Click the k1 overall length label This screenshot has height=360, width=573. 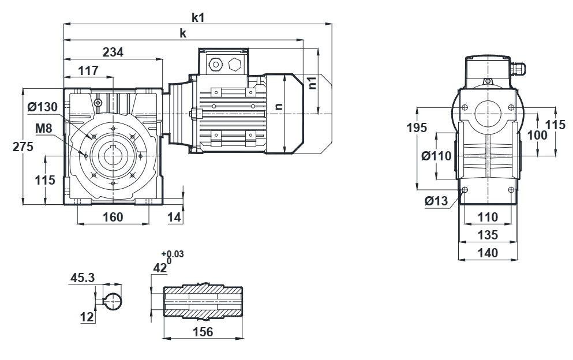(x=198, y=17)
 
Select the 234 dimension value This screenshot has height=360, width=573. (x=113, y=52)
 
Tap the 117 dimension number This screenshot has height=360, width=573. (x=88, y=70)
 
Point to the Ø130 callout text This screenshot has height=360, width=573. (x=42, y=107)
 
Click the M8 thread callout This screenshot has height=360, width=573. (x=44, y=128)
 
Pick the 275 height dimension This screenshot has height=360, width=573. (x=23, y=147)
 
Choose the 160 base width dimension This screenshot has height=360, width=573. (x=113, y=217)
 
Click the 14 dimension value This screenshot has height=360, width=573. (x=174, y=217)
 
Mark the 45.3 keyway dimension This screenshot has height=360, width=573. (x=83, y=277)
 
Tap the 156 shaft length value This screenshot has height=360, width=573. (x=203, y=332)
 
